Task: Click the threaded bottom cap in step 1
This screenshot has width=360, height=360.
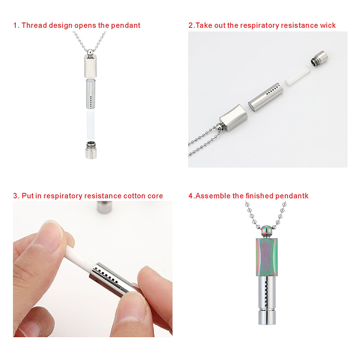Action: coord(91,150)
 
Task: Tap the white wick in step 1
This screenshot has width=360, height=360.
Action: coord(90,125)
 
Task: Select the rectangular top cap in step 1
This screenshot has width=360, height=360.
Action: coord(90,67)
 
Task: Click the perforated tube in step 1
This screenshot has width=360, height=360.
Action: coord(91,94)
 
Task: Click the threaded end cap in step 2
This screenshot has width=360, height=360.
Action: coord(319,58)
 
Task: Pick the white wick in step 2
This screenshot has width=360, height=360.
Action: coord(297,76)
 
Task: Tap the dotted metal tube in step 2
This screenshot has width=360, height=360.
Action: coord(265,97)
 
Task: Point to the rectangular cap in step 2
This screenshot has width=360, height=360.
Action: coord(234,117)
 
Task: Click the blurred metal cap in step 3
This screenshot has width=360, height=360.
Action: coord(104,207)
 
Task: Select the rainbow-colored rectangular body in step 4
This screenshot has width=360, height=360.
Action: coord(267,257)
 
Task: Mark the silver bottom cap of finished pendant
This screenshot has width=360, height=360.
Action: coord(267,317)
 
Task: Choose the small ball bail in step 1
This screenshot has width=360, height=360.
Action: coord(90,52)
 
